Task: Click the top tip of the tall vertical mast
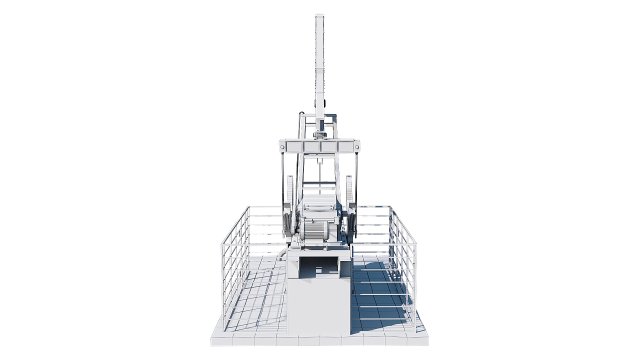[x=320, y=17]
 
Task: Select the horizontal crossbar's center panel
[x=320, y=148]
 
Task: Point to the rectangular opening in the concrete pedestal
[x=320, y=265]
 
